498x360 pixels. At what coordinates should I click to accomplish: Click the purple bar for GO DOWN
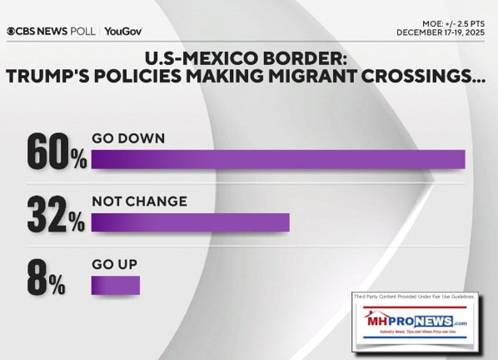(x=277, y=158)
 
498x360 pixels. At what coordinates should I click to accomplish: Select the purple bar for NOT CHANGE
(x=190, y=222)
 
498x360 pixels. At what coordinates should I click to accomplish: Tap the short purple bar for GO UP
(x=115, y=286)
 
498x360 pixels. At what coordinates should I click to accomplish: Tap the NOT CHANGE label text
(x=139, y=202)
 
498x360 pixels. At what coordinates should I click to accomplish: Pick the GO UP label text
(x=114, y=265)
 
